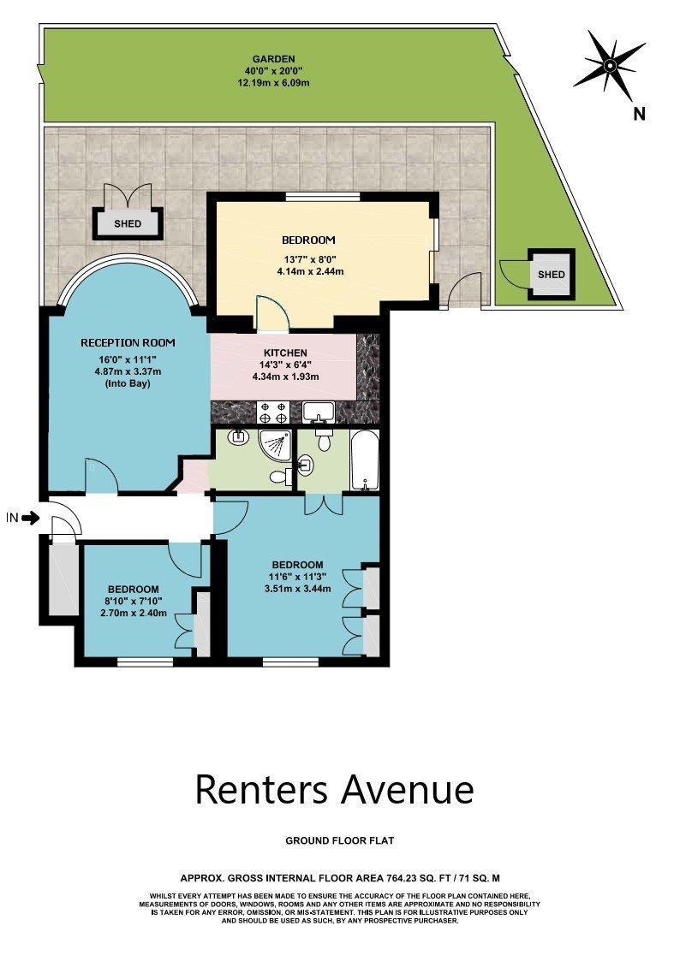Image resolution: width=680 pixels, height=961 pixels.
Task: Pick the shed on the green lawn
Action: (x=551, y=274)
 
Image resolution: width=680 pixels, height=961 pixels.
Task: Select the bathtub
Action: (x=365, y=460)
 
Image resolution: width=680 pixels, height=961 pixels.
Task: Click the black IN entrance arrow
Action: (x=32, y=517)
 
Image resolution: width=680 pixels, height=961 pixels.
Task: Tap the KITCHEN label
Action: (x=285, y=353)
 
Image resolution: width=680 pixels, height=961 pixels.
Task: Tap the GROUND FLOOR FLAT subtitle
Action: (x=339, y=842)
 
